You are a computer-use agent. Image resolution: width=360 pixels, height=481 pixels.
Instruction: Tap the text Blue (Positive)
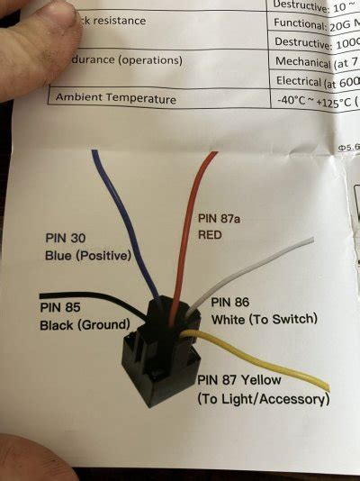[x=87, y=256]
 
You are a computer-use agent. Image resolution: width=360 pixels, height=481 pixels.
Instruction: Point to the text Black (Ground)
[x=82, y=324]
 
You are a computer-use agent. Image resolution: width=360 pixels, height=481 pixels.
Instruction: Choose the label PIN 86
[x=229, y=302]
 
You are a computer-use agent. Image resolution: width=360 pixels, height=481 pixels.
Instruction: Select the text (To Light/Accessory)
[x=262, y=397]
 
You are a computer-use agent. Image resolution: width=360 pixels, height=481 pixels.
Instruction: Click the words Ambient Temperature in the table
[x=115, y=98]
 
